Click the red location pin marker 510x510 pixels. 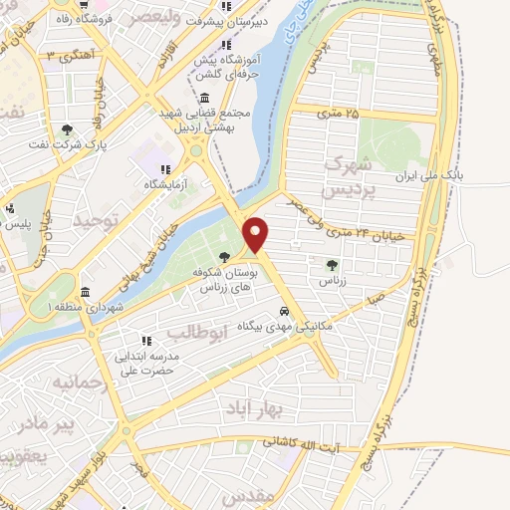[x=256, y=233]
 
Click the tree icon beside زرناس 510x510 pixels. [x=332, y=265]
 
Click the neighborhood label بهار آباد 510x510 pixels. [x=276, y=408]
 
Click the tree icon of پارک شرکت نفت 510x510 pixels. [x=67, y=128]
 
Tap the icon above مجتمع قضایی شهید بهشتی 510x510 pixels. [x=204, y=97]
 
